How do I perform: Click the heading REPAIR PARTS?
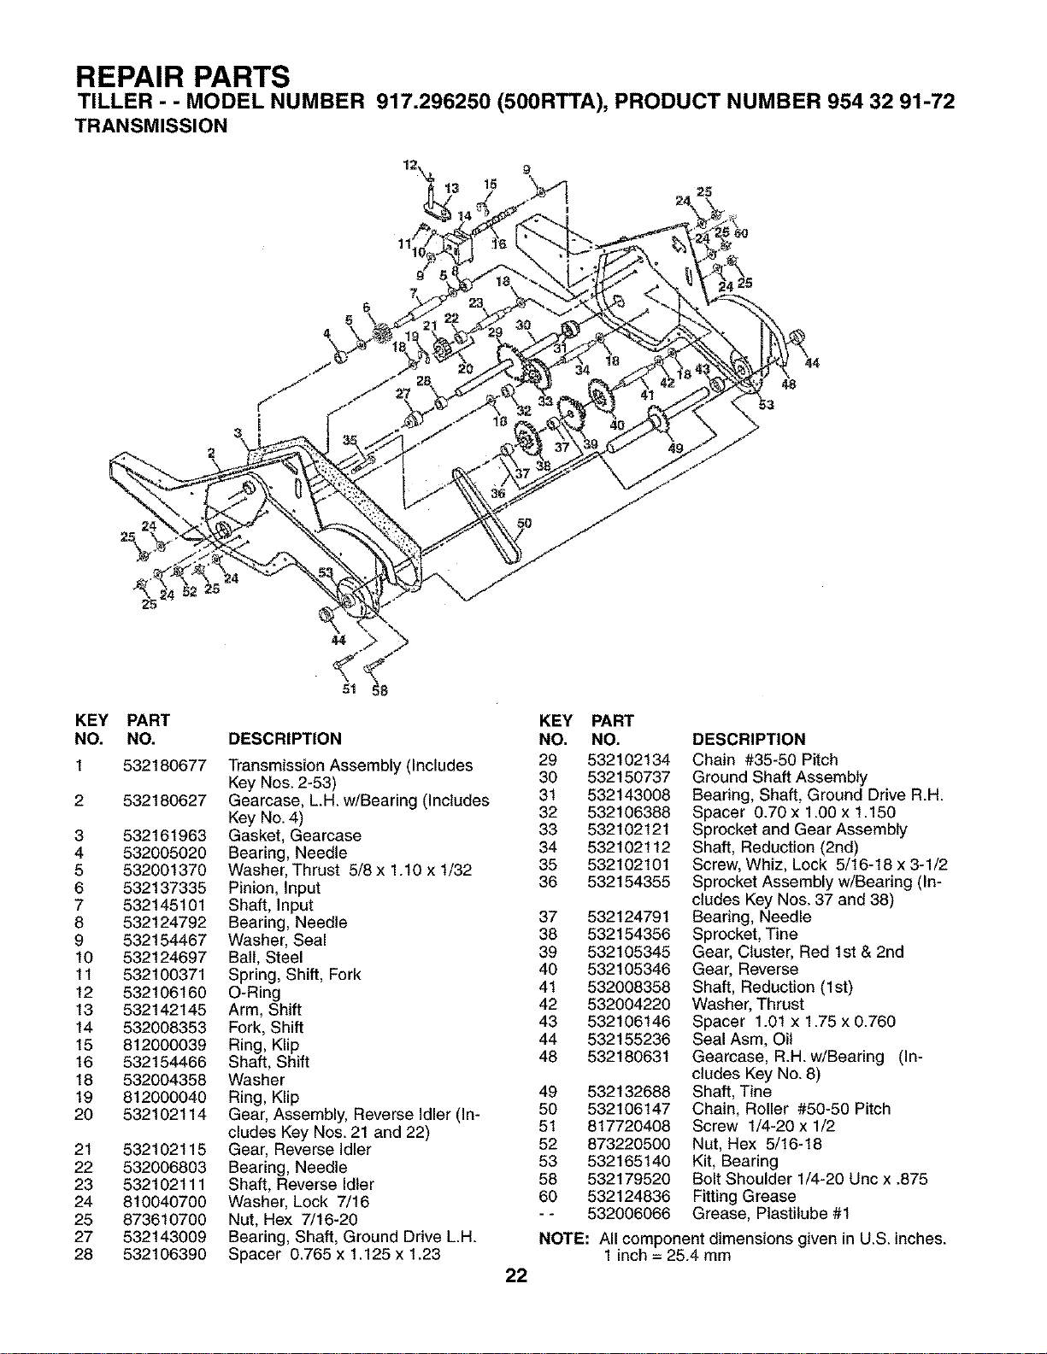pyautogui.click(x=183, y=77)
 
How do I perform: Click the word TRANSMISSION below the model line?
pyautogui.click(x=151, y=126)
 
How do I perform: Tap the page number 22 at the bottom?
pyautogui.click(x=516, y=1275)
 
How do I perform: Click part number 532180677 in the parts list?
pyautogui.click(x=164, y=765)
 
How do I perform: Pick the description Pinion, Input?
pyautogui.click(x=274, y=888)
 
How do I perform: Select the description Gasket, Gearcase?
pyautogui.click(x=295, y=835)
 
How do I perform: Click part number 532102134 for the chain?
pyautogui.click(x=628, y=759)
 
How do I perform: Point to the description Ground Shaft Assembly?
pyautogui.click(x=779, y=777)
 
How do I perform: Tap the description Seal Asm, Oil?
pyautogui.click(x=742, y=1039)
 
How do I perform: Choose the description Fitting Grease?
pyautogui.click(x=744, y=1196)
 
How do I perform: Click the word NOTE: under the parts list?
pyautogui.click(x=564, y=1238)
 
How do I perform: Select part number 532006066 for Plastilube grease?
pyautogui.click(x=628, y=1213)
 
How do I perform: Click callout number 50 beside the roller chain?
pyautogui.click(x=525, y=524)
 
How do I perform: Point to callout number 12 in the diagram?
pyautogui.click(x=409, y=165)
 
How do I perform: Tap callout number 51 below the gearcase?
pyautogui.click(x=350, y=689)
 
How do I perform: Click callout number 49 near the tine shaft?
pyautogui.click(x=675, y=448)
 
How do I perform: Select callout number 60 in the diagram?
pyautogui.click(x=740, y=234)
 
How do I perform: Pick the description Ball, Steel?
pyautogui.click(x=266, y=957)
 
